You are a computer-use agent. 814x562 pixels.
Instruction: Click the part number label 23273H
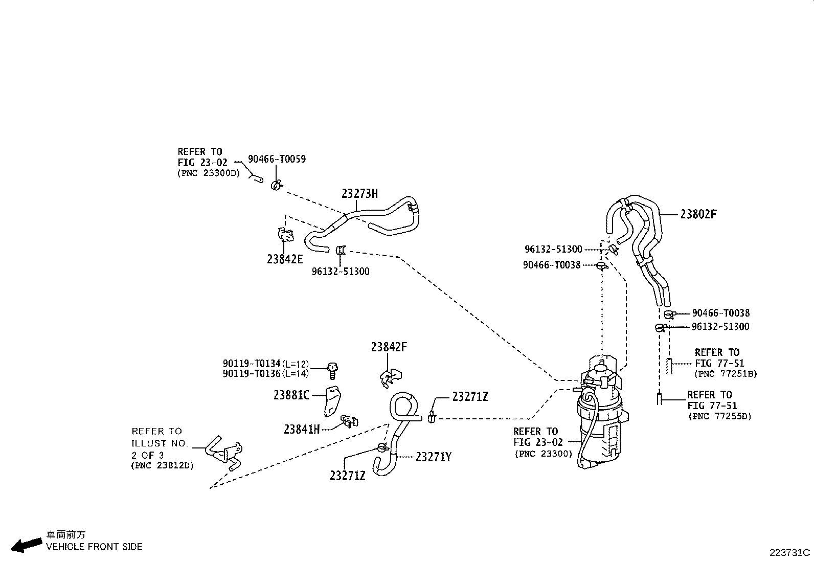click(359, 194)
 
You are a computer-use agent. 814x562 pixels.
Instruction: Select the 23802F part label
click(698, 214)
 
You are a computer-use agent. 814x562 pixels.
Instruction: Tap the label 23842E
click(285, 259)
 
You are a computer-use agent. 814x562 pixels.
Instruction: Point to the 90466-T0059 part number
click(277, 159)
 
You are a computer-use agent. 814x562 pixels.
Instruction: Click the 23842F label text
click(389, 347)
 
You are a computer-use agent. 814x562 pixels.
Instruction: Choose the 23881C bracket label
click(291, 395)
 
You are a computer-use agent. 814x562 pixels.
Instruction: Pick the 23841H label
click(302, 430)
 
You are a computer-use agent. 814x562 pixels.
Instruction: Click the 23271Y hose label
click(434, 457)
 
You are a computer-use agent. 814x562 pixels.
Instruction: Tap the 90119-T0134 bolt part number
click(252, 364)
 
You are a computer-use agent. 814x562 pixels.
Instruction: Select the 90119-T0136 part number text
click(252, 374)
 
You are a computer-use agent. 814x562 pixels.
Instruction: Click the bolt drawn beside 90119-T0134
click(332, 371)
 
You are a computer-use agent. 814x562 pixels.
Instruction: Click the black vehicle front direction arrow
click(26, 545)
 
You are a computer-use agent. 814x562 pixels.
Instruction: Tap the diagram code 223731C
click(789, 553)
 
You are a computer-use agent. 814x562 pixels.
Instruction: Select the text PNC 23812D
click(163, 465)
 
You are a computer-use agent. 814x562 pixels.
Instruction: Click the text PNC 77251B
click(726, 374)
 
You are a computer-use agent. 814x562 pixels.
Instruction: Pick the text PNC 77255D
click(719, 416)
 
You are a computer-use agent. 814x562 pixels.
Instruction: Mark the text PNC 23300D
click(209, 173)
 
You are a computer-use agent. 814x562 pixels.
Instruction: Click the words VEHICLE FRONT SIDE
click(94, 547)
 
